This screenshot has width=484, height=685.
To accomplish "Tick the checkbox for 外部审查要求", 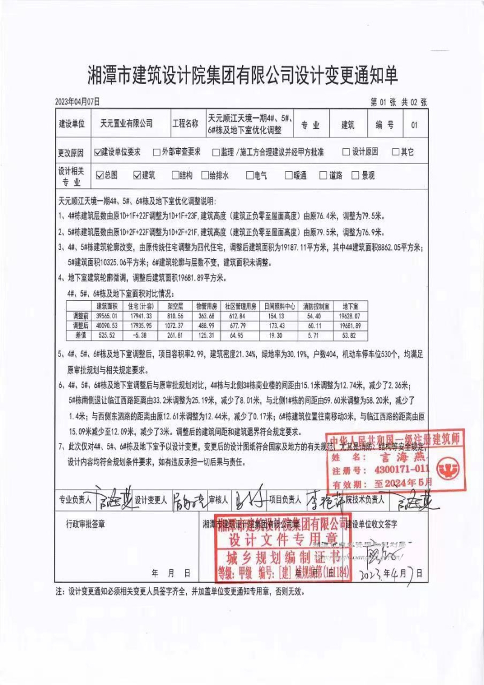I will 157,152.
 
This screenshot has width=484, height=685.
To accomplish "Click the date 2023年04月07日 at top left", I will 77,102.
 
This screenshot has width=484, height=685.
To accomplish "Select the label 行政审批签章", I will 80,520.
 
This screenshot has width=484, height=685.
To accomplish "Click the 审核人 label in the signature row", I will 218,500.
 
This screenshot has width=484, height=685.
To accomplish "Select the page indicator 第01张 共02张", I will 399,102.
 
